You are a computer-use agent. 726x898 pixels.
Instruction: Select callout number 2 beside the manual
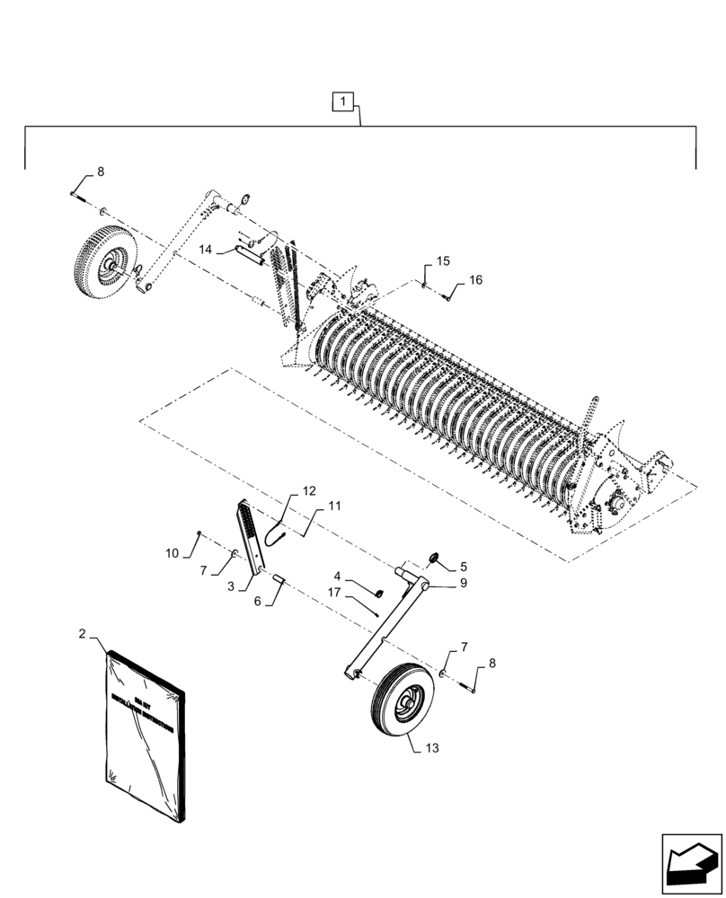83,634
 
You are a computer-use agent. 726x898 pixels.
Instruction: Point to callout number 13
433,746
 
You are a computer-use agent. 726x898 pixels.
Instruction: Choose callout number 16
474,280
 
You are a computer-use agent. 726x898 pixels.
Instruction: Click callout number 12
308,491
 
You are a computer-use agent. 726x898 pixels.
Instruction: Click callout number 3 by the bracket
232,585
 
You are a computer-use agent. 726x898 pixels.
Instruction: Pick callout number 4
337,576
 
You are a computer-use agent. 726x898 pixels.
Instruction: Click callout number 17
334,593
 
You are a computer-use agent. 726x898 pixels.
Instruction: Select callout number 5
464,567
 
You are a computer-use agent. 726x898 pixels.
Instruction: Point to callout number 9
464,583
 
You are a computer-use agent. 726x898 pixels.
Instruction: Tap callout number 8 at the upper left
100,171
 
